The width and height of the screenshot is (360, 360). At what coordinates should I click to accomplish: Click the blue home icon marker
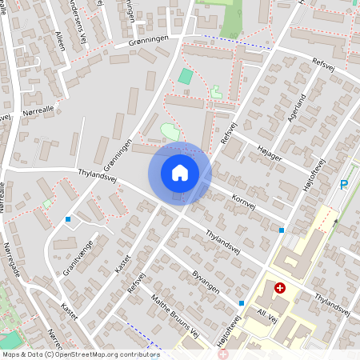[180, 173]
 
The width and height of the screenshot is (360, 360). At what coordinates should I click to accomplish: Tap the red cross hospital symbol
[279, 288]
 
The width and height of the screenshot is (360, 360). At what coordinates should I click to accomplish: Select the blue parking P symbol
[344, 185]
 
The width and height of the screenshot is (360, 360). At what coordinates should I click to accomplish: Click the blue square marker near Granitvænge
[68, 219]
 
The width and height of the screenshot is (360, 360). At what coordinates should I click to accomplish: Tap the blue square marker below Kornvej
[282, 230]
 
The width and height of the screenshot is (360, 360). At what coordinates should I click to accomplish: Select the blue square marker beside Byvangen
[242, 303]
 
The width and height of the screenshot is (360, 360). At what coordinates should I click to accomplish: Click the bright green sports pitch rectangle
[186, 77]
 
